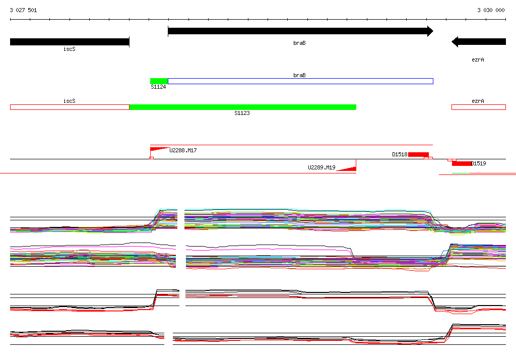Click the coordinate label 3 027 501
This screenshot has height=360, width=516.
(23, 10)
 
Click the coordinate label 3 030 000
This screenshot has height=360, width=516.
(491, 10)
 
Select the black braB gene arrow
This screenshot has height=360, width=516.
(300, 31)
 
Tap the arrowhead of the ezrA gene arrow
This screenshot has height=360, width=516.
(455, 42)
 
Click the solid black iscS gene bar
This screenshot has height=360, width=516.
(70, 42)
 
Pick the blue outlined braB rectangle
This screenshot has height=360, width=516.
(300, 81)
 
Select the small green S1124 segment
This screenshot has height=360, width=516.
(159, 81)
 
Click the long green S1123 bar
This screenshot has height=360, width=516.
(243, 107)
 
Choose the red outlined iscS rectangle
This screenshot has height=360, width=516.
(70, 107)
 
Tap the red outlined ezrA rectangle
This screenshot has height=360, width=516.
(479, 107)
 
